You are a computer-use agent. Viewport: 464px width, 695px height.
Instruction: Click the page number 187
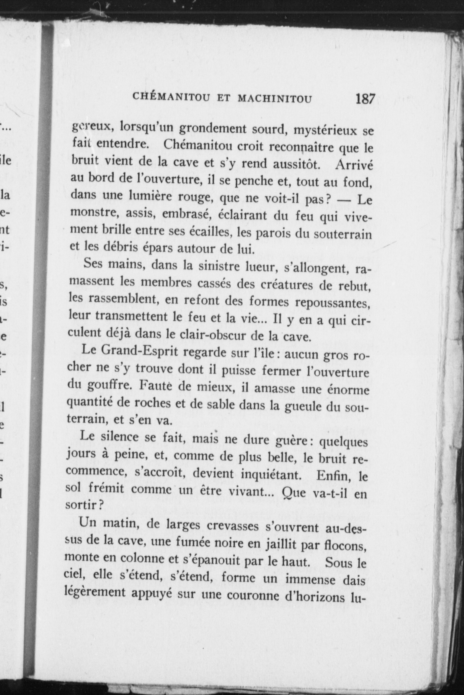pos(365,99)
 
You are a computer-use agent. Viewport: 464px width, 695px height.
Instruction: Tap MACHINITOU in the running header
pos(275,99)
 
